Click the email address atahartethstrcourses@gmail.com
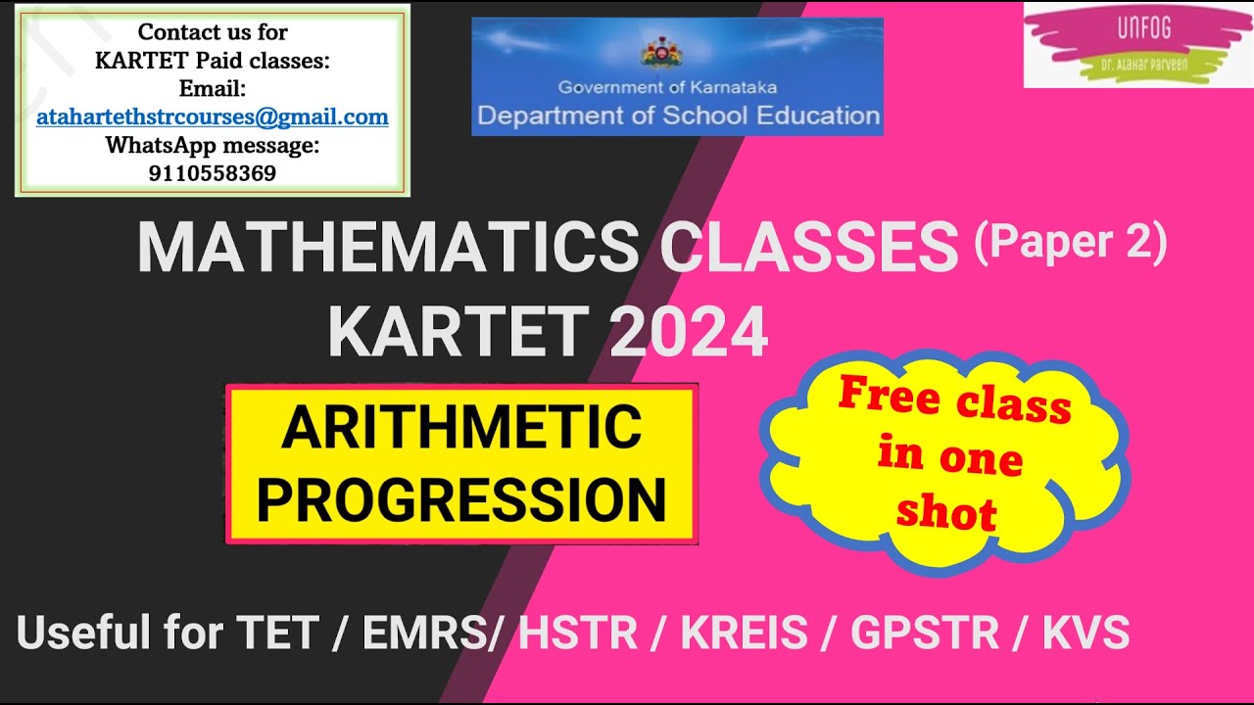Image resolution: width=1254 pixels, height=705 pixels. pos(213,117)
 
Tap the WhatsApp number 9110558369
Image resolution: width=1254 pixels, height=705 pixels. pos(213,174)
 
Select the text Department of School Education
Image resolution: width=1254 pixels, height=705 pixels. pos(678,116)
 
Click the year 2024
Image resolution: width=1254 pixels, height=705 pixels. pos(689,333)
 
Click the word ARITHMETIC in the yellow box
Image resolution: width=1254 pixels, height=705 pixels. pos(461,427)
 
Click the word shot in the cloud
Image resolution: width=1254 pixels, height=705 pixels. pos(946,512)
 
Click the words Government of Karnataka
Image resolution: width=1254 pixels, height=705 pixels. pos(667,87)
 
